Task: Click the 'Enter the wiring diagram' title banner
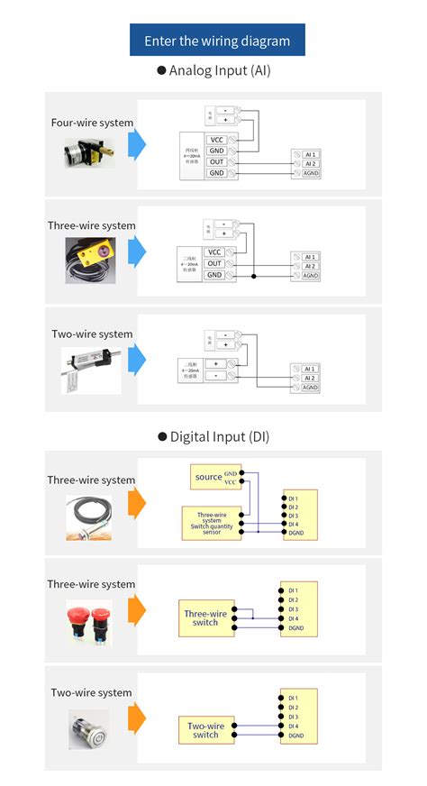pyautogui.click(x=217, y=41)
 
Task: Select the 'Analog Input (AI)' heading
pyautogui.click(x=213, y=70)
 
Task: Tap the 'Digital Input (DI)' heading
pyautogui.click(x=213, y=436)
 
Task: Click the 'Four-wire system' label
pyautogui.click(x=92, y=123)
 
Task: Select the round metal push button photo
pyautogui.click(x=91, y=730)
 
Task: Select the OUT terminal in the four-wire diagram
pyautogui.click(x=216, y=161)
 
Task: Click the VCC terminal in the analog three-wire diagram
pyautogui.click(x=213, y=252)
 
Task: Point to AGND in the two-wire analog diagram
pyautogui.click(x=310, y=388)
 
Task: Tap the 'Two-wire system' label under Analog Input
pyautogui.click(x=92, y=334)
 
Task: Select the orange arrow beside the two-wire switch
pyautogui.click(x=136, y=721)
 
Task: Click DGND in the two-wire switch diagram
pyautogui.click(x=299, y=736)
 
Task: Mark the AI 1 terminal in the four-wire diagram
pyautogui.click(x=310, y=154)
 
